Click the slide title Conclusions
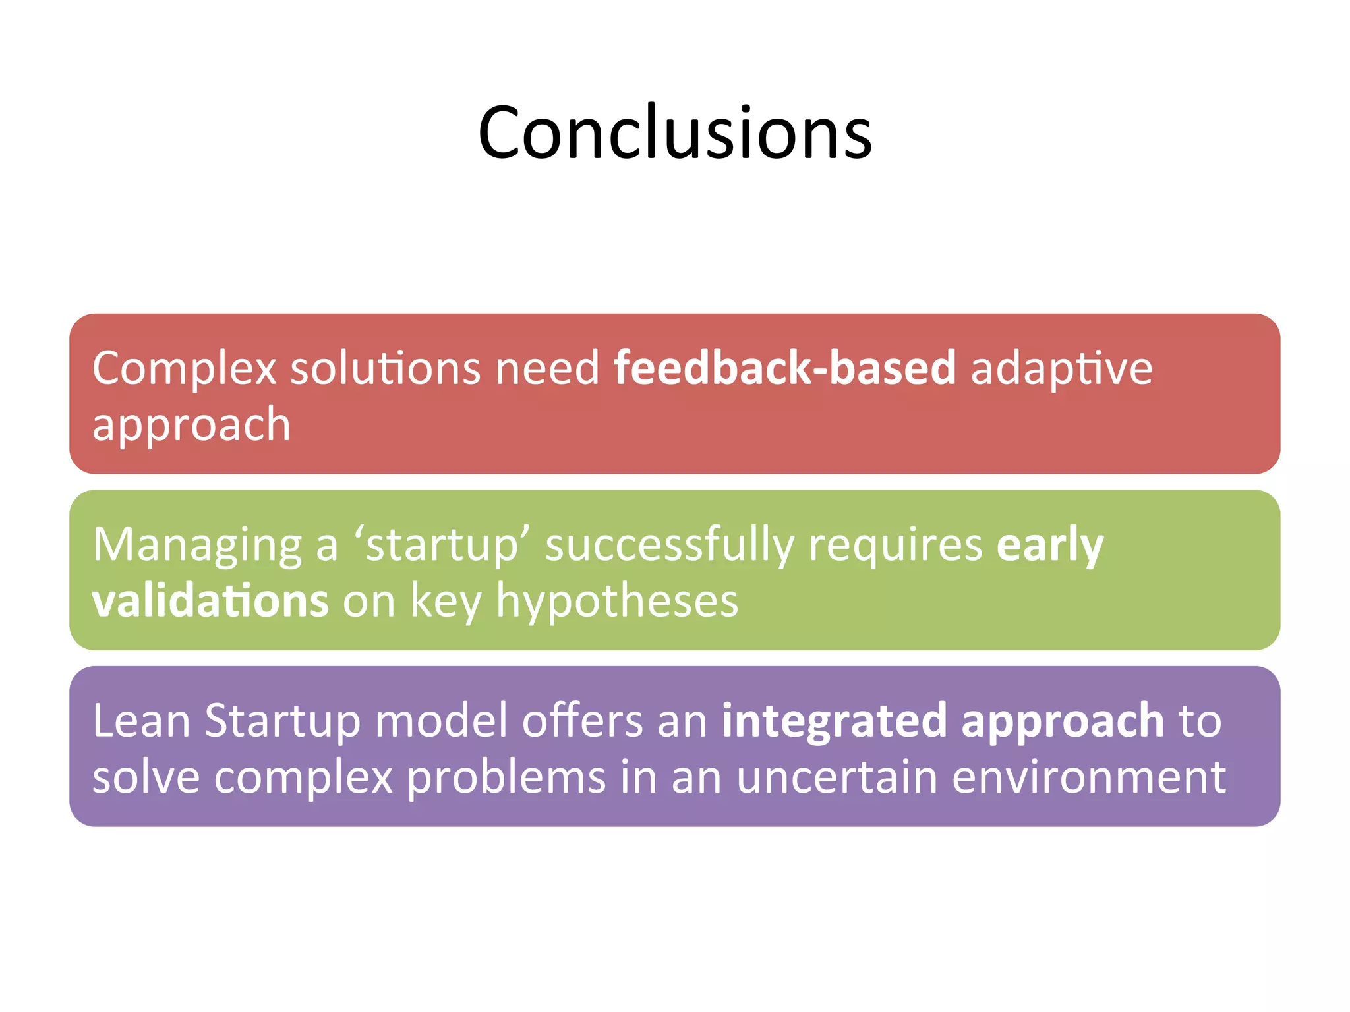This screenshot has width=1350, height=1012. click(x=675, y=133)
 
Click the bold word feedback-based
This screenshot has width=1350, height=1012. click(x=784, y=368)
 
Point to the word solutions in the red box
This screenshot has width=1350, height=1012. click(x=386, y=368)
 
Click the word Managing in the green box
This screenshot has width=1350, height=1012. click(x=196, y=546)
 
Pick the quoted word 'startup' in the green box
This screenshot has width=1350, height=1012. click(x=442, y=546)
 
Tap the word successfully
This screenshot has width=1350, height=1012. click(x=669, y=546)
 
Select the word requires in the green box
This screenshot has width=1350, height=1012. click(x=895, y=546)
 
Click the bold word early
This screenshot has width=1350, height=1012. click(x=1049, y=546)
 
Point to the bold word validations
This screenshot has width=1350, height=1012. click(x=210, y=601)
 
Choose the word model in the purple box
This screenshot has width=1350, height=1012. click(x=441, y=720)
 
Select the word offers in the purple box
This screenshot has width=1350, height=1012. click(x=582, y=720)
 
